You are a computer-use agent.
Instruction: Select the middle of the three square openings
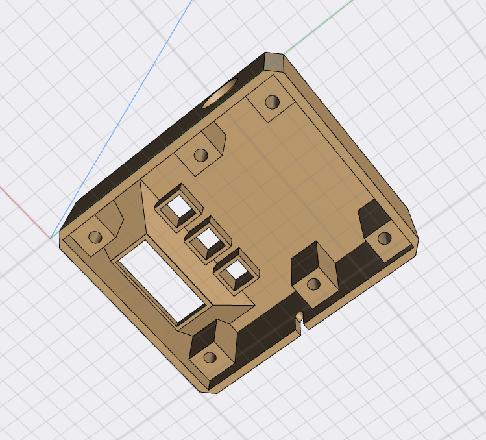[x=209, y=240]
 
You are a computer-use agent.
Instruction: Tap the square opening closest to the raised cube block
[x=236, y=274]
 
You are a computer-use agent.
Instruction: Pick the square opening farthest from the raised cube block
[x=178, y=207]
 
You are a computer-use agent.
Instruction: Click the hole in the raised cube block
[x=313, y=284]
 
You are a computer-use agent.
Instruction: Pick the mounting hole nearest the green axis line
[x=273, y=103]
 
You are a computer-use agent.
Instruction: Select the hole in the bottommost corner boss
[x=210, y=357]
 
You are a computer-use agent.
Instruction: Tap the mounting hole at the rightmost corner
[x=385, y=238]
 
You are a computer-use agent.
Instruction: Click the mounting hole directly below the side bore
[x=201, y=156]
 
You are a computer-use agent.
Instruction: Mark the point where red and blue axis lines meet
[x=51, y=237]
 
